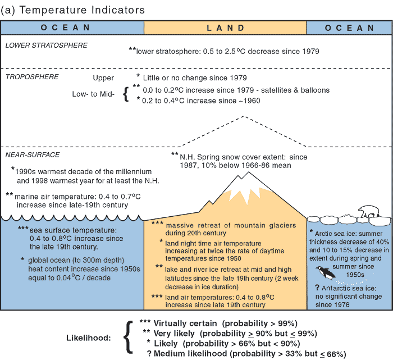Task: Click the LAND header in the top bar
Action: (x=225, y=28)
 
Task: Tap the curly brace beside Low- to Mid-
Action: (x=126, y=95)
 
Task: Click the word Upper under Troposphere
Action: (x=103, y=78)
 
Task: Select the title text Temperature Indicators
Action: (x=81, y=10)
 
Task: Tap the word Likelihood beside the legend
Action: (x=90, y=339)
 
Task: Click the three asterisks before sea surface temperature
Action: (x=23, y=229)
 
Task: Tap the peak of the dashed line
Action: (x=243, y=117)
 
